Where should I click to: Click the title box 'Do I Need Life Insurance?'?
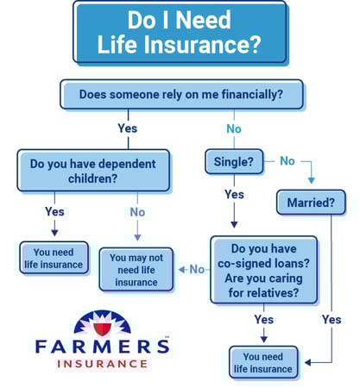pos(180,33)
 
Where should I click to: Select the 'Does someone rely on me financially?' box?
pos(181,95)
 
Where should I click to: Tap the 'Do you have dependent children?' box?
pos(93,171)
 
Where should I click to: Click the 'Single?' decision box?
pos(234,161)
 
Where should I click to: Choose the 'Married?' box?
pos(311,203)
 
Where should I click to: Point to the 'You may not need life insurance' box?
pos(136,270)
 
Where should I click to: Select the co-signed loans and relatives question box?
pos(263,270)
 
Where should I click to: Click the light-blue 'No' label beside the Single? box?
pos(287,161)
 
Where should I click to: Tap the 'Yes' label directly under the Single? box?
pos(234,195)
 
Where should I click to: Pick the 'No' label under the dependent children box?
pos(137,212)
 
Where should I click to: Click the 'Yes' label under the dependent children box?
pos(54,211)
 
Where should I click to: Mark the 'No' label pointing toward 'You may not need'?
pos(197,269)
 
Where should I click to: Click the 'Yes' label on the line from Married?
pos(332,319)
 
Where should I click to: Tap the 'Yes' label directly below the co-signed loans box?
pos(264,319)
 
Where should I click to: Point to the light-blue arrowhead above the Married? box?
pos(311,180)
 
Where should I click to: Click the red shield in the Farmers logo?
pos(103,329)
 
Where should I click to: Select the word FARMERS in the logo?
pos(103,346)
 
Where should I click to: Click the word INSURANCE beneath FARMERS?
pos(103,364)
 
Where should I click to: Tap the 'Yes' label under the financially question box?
pos(128,128)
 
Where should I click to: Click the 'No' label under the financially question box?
pos(234,128)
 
